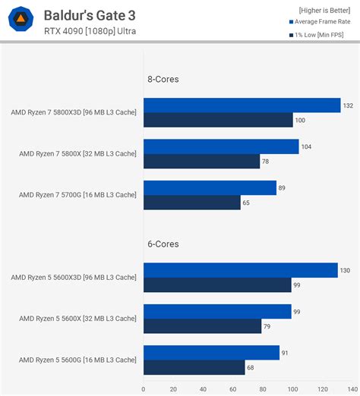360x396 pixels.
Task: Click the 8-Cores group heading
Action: pyautogui.click(x=163, y=78)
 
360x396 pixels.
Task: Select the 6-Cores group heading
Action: pyautogui.click(x=163, y=244)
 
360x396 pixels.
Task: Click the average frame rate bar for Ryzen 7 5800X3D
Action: pyautogui.click(x=242, y=105)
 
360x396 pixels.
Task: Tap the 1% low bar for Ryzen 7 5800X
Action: pyautogui.click(x=201, y=161)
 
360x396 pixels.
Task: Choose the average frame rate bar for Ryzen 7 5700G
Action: pyautogui.click(x=210, y=188)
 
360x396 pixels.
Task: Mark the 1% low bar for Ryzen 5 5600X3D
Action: pyautogui.click(x=217, y=284)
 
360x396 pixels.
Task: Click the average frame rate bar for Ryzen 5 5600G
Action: pyautogui.click(x=211, y=353)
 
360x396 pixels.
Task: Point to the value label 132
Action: pyautogui.click(x=348, y=105)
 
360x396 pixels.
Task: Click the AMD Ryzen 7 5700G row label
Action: pyautogui.click(x=77, y=195)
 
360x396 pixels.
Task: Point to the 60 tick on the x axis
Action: pyautogui.click(x=231, y=390)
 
